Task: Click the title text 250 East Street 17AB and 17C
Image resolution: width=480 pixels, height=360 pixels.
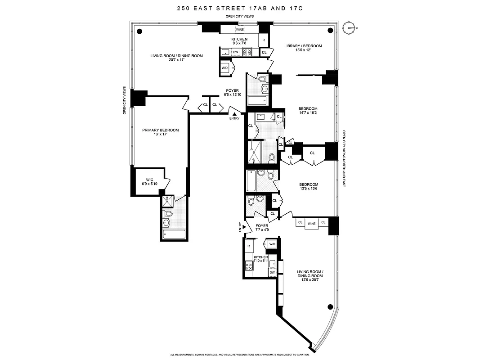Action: tap(240, 8)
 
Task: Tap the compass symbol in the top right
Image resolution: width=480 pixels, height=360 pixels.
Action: tap(349, 28)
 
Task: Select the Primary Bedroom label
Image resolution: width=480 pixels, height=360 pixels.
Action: tap(161, 130)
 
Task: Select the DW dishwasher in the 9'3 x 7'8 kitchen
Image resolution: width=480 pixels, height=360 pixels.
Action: tap(235, 52)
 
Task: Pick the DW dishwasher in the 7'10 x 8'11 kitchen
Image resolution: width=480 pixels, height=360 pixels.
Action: tap(272, 272)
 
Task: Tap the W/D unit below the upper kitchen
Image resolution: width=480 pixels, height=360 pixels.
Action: tap(224, 67)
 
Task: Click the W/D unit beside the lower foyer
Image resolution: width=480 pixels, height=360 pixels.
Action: tap(272, 244)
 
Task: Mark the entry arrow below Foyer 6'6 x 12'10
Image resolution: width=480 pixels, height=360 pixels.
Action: tap(234, 114)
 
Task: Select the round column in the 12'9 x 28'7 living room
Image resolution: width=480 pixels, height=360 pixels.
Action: tap(331, 308)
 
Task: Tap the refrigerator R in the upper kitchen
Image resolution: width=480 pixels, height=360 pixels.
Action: tap(264, 40)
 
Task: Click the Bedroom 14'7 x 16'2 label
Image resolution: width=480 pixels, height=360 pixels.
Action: tap(308, 111)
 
